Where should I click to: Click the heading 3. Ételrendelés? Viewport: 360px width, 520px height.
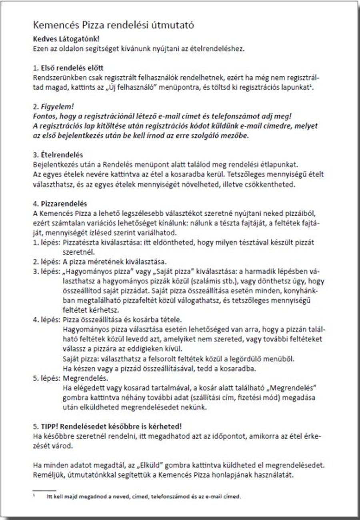pos(58,154)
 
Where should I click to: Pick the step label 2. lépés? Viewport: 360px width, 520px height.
pos(46,262)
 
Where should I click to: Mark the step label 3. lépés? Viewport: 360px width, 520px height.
pos(46,271)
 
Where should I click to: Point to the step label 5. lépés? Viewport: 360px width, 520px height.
pos(46,378)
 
